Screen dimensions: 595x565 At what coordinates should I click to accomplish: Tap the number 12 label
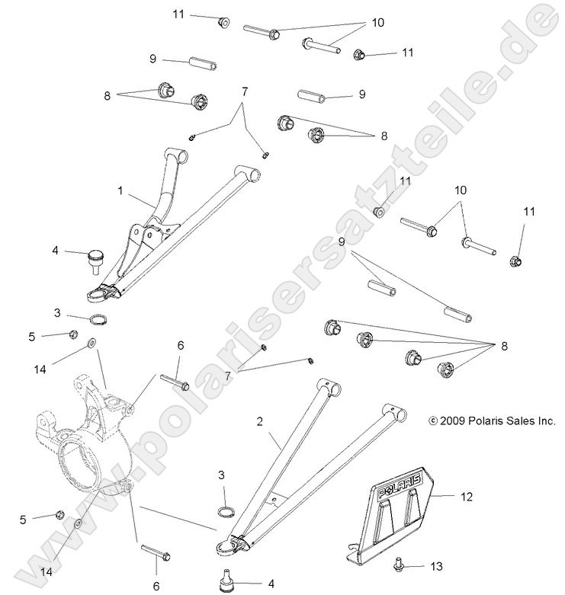(466, 496)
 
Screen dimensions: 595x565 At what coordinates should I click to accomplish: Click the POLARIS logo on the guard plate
(399, 485)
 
